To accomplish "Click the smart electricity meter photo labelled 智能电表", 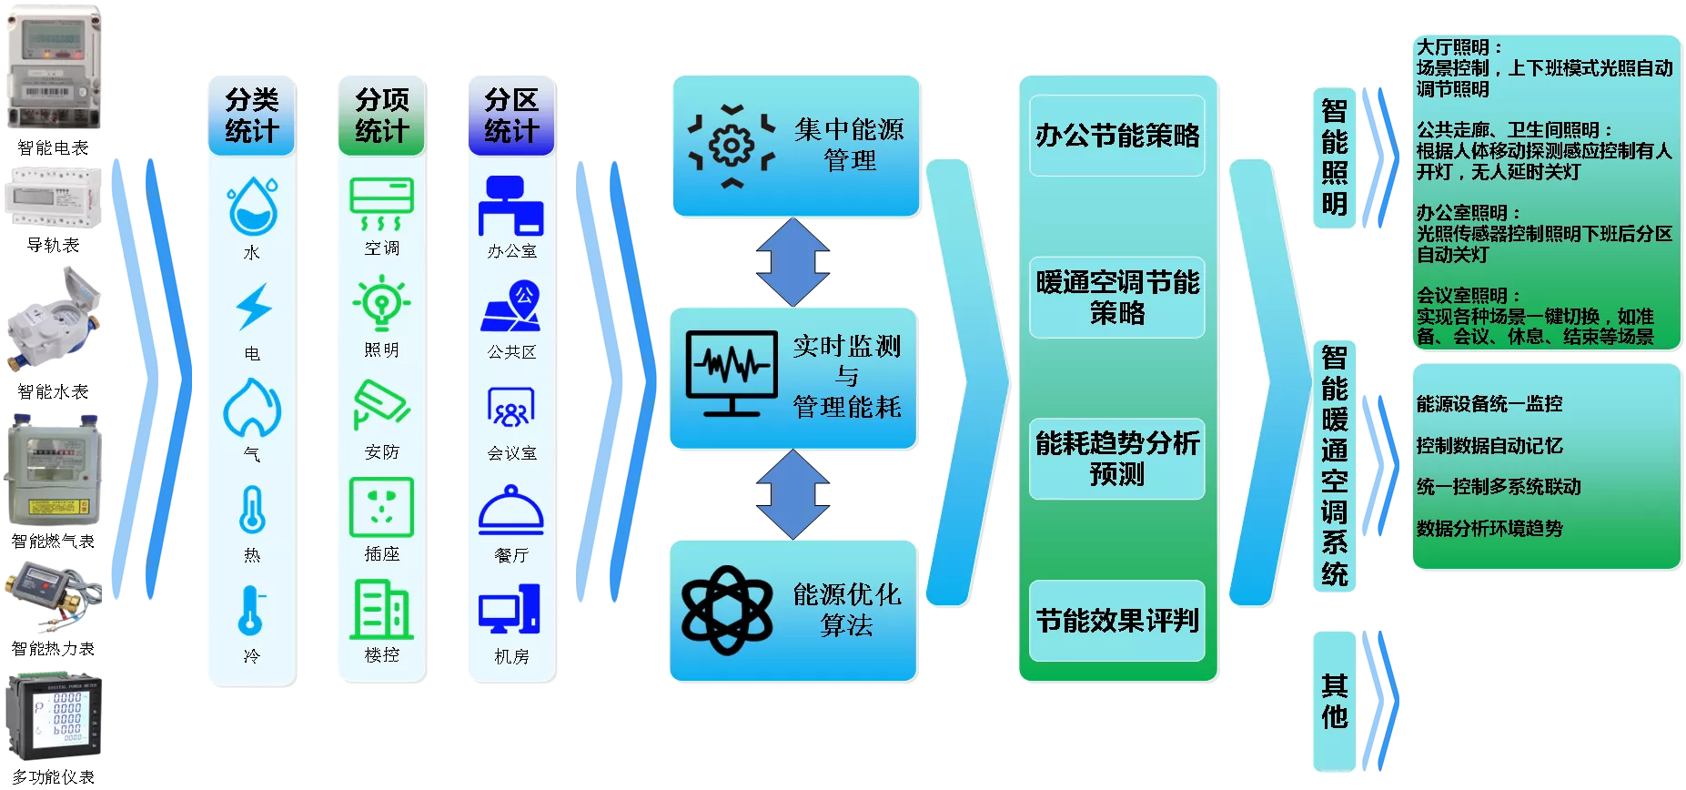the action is click(54, 67).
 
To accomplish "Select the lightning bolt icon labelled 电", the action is click(253, 306).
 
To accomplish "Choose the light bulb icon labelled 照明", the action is click(382, 303).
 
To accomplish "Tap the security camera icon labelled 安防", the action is click(382, 404).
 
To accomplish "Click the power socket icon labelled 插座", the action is click(382, 507).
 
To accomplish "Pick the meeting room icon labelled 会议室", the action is click(511, 407).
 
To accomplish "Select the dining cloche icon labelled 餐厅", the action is click(511, 510).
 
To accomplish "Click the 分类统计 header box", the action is click(252, 116).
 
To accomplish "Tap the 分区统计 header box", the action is click(511, 116).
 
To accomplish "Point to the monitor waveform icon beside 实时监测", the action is click(732, 373).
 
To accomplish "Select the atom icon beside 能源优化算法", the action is click(727, 610).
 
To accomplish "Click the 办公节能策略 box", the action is click(1117, 136).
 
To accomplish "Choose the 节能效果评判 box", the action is click(1117, 621).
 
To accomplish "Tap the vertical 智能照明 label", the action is click(1335, 157).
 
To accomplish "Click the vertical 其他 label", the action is click(1335, 701).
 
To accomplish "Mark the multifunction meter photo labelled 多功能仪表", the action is click(54, 717).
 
